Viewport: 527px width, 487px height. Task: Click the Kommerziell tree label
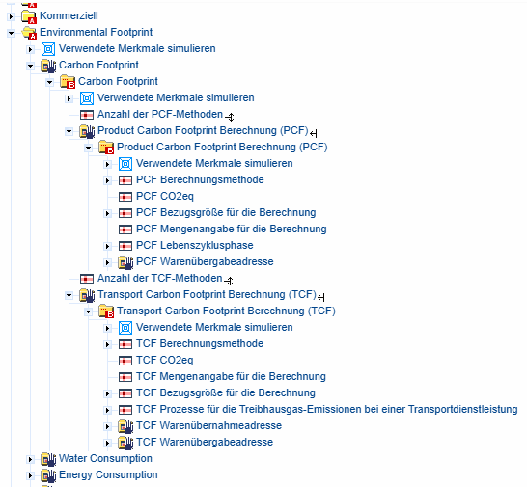69,15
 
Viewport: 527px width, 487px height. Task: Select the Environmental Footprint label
96,32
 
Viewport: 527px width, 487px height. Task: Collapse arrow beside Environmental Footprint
11,33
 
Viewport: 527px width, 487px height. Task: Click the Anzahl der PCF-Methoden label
160,114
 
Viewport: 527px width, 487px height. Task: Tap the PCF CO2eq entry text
165,196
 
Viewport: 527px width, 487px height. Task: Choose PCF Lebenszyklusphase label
195,245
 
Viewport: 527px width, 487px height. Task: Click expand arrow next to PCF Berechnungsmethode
107,180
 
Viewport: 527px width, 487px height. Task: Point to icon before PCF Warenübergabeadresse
125,262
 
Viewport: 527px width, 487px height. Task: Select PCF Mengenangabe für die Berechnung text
232,230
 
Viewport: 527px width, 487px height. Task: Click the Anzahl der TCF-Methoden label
159,278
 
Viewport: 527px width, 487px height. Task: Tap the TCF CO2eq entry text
164,360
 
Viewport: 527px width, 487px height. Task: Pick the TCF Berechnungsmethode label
200,343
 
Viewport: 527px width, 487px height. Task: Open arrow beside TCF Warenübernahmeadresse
107,426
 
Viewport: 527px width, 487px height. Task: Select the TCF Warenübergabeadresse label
205,442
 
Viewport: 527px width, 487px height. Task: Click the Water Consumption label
105,458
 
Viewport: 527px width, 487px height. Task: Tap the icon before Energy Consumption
48,475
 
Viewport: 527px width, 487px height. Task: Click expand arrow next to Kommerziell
11,16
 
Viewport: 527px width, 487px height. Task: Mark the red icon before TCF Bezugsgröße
125,393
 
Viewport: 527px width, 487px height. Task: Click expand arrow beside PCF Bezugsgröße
107,214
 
